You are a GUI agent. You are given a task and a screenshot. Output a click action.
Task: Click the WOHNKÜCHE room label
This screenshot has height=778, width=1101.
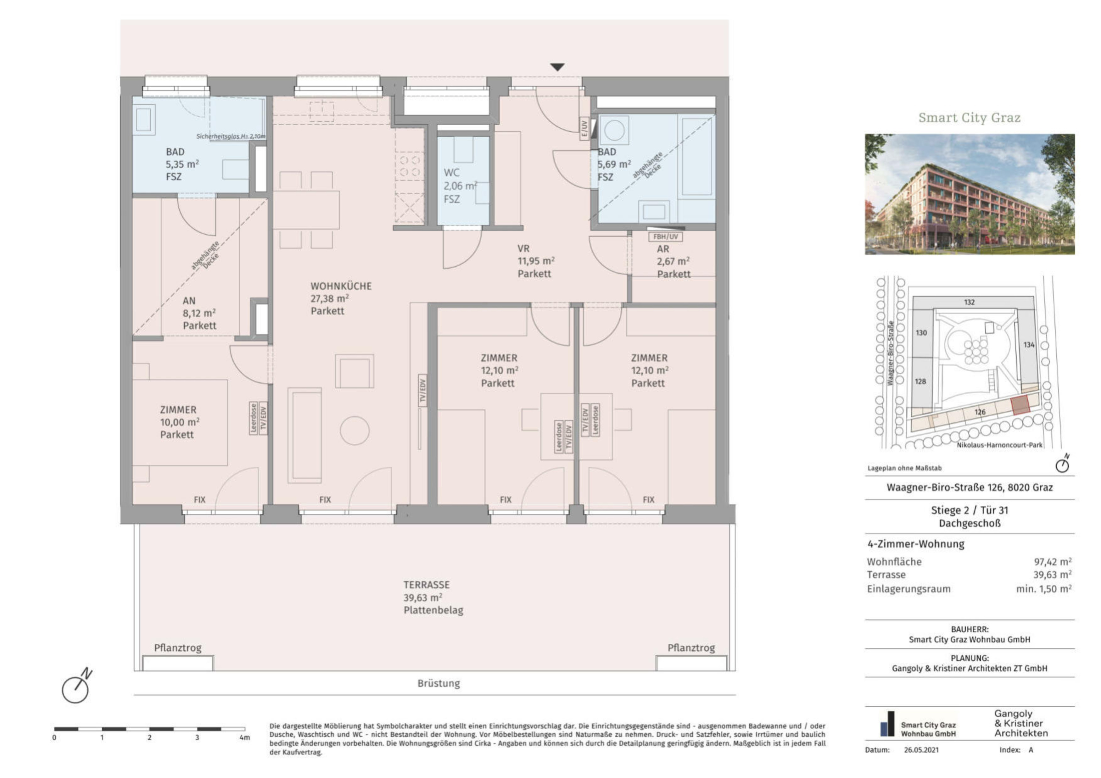point(341,286)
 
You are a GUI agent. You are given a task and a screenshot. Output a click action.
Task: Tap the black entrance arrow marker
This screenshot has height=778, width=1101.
point(557,67)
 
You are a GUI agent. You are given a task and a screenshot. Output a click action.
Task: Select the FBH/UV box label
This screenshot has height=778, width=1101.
point(666,237)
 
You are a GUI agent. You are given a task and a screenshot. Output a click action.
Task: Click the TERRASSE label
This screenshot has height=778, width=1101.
point(426,585)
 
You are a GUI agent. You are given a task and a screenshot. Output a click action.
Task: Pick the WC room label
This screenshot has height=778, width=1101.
point(452,173)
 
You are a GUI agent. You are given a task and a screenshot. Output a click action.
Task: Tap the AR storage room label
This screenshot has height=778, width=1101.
point(663,249)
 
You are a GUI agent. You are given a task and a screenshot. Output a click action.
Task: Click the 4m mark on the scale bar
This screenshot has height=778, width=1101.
point(244,737)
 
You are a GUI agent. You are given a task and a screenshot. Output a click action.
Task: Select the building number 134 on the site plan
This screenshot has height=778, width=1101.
point(1029,345)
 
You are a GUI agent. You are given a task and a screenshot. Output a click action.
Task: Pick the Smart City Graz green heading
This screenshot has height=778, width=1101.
point(969,117)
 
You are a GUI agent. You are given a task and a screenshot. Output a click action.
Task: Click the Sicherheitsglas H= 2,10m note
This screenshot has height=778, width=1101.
point(231,136)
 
